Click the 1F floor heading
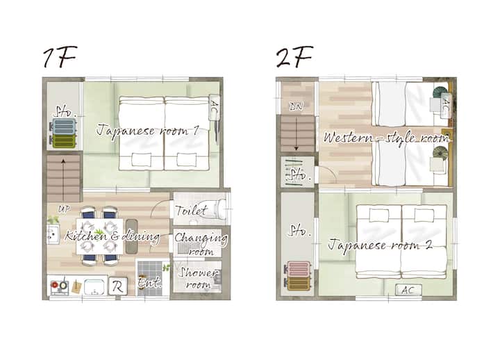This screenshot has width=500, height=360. [x=60, y=57]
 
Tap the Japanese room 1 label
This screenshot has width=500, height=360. [x=148, y=131]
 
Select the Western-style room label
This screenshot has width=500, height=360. [x=386, y=138]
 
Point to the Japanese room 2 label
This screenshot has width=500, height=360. [x=381, y=245]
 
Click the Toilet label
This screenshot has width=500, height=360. [x=191, y=211]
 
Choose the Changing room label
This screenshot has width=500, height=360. [x=201, y=244]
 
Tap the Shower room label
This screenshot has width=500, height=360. [x=199, y=278]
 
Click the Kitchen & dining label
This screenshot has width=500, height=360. [x=112, y=236]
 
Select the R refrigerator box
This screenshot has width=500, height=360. [x=117, y=286]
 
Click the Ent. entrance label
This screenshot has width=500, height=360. [x=149, y=283]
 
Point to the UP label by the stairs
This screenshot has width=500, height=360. [x=64, y=209]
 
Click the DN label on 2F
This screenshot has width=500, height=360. [x=296, y=107]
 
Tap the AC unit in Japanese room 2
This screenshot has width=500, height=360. [x=408, y=290]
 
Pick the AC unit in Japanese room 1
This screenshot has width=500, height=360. [x=215, y=108]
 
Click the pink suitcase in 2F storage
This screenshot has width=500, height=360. [x=299, y=269]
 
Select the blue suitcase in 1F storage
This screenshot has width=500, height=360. [x=64, y=126]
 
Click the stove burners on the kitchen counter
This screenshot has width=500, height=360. [x=60, y=286]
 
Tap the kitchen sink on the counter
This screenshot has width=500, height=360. [x=94, y=286]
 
